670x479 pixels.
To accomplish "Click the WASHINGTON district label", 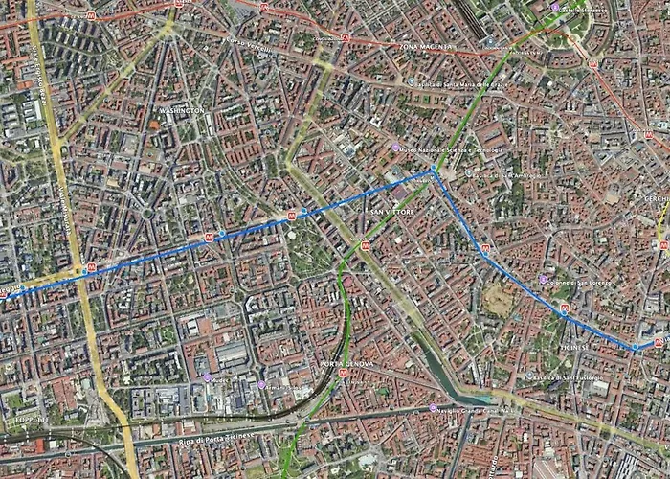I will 176,111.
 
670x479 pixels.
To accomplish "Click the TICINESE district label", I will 574,347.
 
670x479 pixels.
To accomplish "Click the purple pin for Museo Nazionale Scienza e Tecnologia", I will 395,148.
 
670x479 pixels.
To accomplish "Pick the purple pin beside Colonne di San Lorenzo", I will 544,280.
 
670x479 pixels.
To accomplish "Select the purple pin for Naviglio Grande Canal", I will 431,410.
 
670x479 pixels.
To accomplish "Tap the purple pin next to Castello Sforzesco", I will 555,8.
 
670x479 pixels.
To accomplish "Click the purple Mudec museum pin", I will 206,377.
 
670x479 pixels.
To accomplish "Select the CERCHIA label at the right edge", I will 658,198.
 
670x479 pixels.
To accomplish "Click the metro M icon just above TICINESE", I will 564,308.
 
